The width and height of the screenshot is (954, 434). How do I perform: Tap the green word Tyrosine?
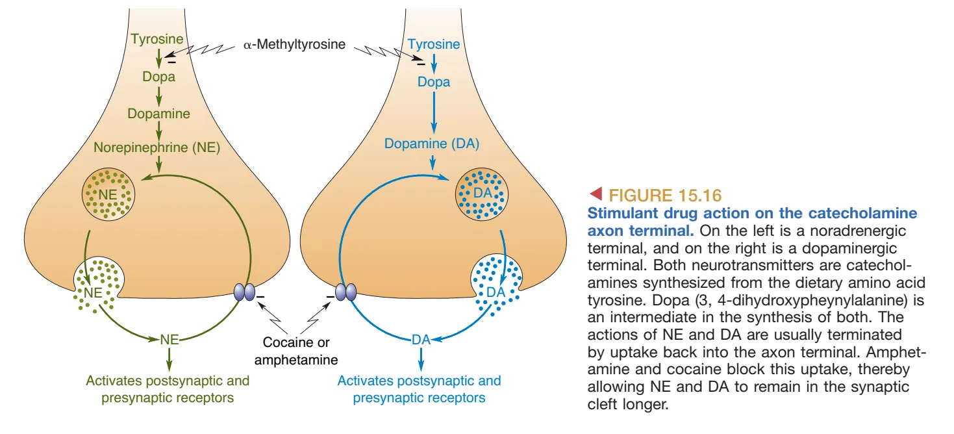coord(157,40)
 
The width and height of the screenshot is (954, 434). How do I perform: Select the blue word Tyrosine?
coord(434,45)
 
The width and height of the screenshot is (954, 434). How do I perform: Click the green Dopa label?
coord(159,77)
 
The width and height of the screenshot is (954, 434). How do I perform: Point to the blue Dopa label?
coord(434,83)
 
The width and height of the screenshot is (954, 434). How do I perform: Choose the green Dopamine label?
coord(159,114)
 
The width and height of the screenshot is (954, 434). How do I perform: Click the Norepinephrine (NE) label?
coord(158,148)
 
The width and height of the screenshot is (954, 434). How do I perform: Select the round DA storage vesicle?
coord(482,193)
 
